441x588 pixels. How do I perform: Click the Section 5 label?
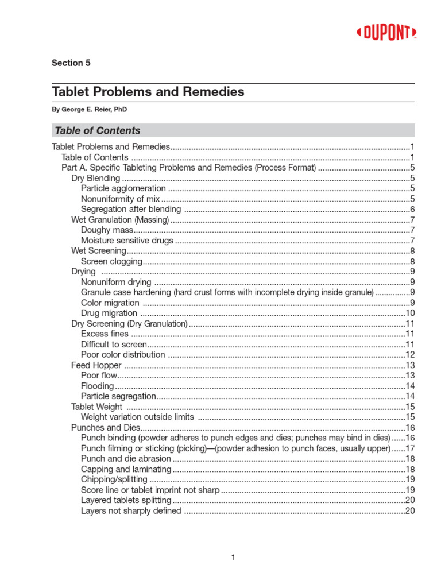(71, 63)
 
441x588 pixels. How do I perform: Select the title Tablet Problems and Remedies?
(148, 92)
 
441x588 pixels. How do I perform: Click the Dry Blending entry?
(95, 178)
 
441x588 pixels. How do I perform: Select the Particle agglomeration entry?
(123, 188)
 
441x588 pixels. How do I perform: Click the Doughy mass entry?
(107, 230)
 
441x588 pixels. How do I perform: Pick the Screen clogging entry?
(111, 261)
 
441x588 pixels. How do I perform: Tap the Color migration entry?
(110, 303)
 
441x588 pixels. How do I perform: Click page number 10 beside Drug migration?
(410, 313)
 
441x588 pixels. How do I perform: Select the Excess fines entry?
(105, 334)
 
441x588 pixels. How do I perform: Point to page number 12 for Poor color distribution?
(410, 354)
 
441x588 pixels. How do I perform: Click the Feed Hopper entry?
(96, 365)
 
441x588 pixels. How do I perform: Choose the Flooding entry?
(98, 386)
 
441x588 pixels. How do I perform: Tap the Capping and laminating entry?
(126, 469)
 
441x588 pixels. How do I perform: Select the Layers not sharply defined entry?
(131, 510)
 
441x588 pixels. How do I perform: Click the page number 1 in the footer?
(233, 557)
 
